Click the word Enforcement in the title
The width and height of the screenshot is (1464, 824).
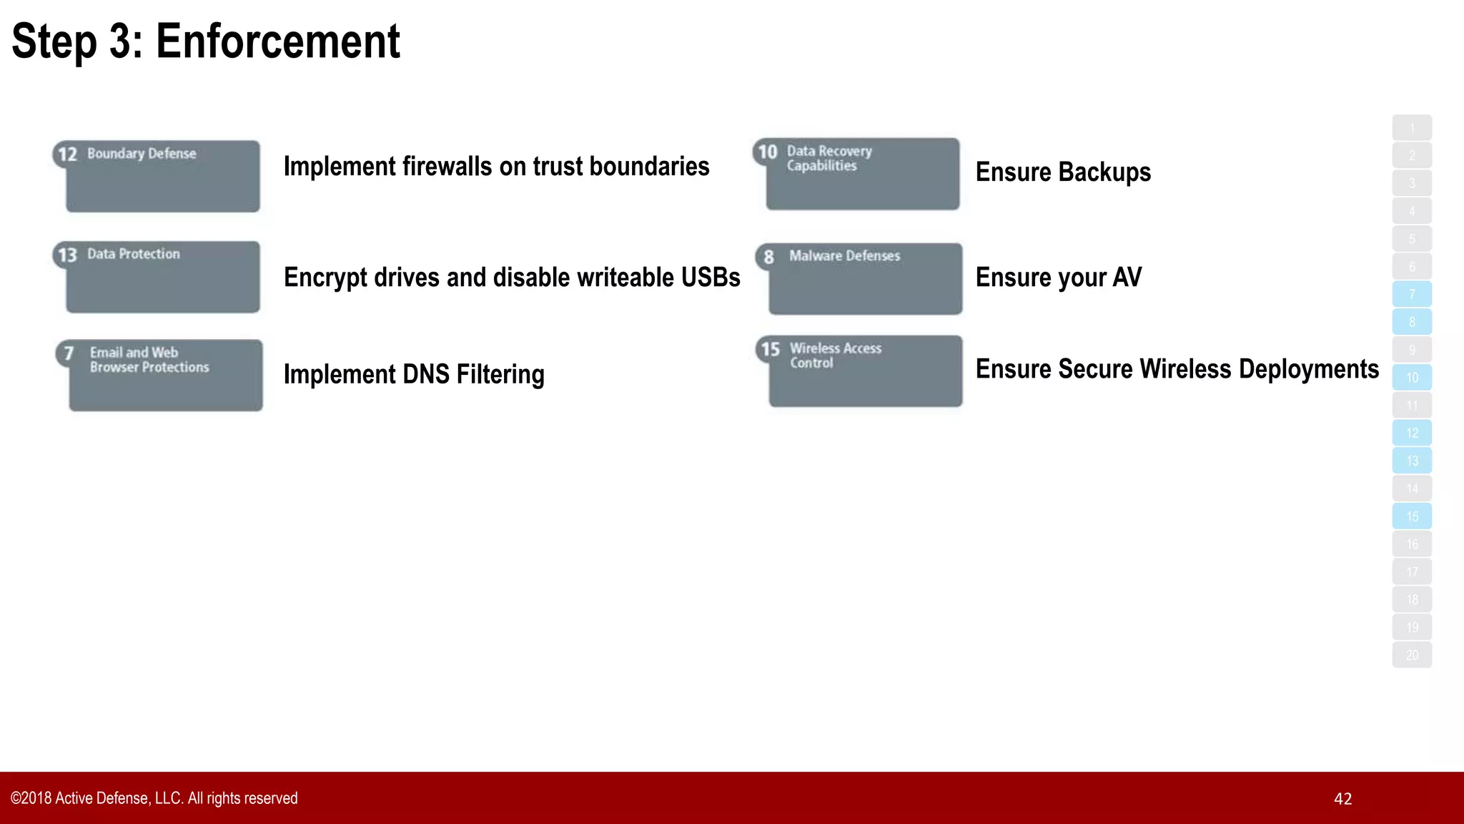(277, 41)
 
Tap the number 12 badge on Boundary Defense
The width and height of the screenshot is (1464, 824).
(67, 154)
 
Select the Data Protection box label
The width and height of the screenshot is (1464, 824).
(134, 254)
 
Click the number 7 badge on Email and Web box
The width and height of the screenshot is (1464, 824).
(69, 353)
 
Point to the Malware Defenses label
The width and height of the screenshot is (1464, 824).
(844, 256)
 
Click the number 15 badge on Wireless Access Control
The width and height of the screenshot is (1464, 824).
(770, 349)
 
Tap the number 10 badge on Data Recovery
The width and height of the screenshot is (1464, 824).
(768, 152)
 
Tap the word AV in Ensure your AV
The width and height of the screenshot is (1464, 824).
(1127, 278)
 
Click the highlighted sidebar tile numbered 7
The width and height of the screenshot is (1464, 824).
(1412, 294)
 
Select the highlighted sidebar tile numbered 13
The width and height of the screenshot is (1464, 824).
(1412, 461)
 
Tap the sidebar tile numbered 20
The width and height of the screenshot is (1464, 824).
(1412, 655)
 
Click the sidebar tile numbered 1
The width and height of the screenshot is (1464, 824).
(1412, 128)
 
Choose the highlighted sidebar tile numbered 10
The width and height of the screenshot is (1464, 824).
(1412, 378)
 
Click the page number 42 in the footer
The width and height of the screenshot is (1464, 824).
(1342, 799)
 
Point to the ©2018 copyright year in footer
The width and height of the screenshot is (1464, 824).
(31, 798)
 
